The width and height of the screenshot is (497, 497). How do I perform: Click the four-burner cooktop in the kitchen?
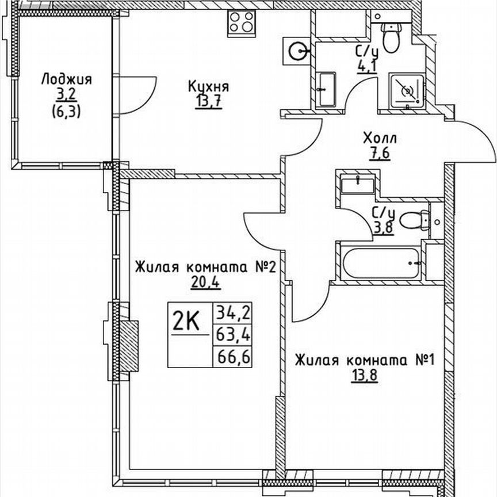(242, 23)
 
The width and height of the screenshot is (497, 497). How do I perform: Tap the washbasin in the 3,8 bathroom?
(357, 183)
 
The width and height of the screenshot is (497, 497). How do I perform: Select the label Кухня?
(208, 87)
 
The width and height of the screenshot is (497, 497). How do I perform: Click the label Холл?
(380, 139)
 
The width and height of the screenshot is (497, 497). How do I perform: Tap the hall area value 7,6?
(380, 154)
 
